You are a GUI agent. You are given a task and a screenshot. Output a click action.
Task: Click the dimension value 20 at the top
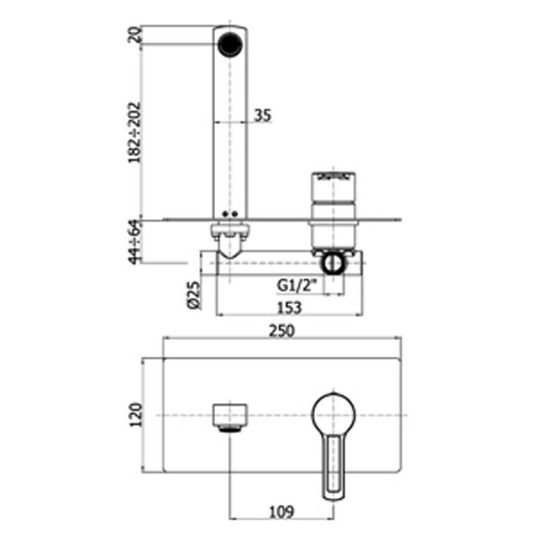click(x=135, y=35)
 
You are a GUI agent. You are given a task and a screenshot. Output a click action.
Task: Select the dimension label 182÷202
click(x=135, y=133)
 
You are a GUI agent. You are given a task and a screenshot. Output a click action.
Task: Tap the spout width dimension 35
click(x=263, y=115)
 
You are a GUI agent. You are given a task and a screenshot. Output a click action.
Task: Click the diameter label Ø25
click(x=193, y=295)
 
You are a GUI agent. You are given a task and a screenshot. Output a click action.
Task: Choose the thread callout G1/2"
click(x=297, y=285)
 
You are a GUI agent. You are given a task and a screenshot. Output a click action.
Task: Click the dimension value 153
click(x=289, y=308)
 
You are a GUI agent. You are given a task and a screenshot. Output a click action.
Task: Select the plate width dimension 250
click(x=281, y=331)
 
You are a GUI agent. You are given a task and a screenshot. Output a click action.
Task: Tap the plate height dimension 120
click(x=136, y=415)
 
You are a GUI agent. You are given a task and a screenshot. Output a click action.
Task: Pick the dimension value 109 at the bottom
click(x=281, y=512)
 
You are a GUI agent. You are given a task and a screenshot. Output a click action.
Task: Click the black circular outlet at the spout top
click(x=230, y=44)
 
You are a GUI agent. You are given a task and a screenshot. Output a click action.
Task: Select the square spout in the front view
click(x=230, y=415)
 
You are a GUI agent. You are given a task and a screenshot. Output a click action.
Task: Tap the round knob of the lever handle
click(x=334, y=415)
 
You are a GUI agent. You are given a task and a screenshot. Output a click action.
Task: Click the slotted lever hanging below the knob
click(x=334, y=466)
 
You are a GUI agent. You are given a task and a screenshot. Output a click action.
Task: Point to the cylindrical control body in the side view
click(x=333, y=212)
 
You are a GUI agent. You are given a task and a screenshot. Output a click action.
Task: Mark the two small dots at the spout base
click(x=230, y=214)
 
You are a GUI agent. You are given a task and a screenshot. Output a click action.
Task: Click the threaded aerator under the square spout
click(x=230, y=429)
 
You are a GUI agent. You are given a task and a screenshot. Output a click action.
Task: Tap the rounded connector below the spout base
click(x=230, y=241)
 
